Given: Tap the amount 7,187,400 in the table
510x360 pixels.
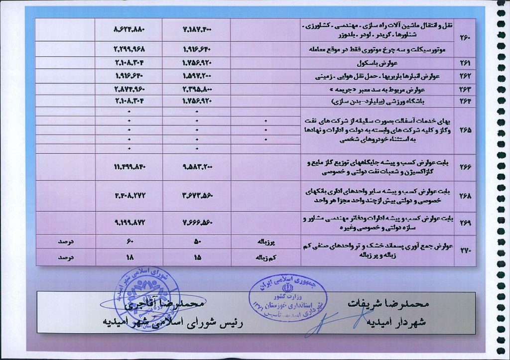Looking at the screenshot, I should point(197,30).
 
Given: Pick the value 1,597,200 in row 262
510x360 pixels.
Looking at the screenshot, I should point(197,77).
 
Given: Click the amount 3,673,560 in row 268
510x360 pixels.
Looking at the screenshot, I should point(197,196).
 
